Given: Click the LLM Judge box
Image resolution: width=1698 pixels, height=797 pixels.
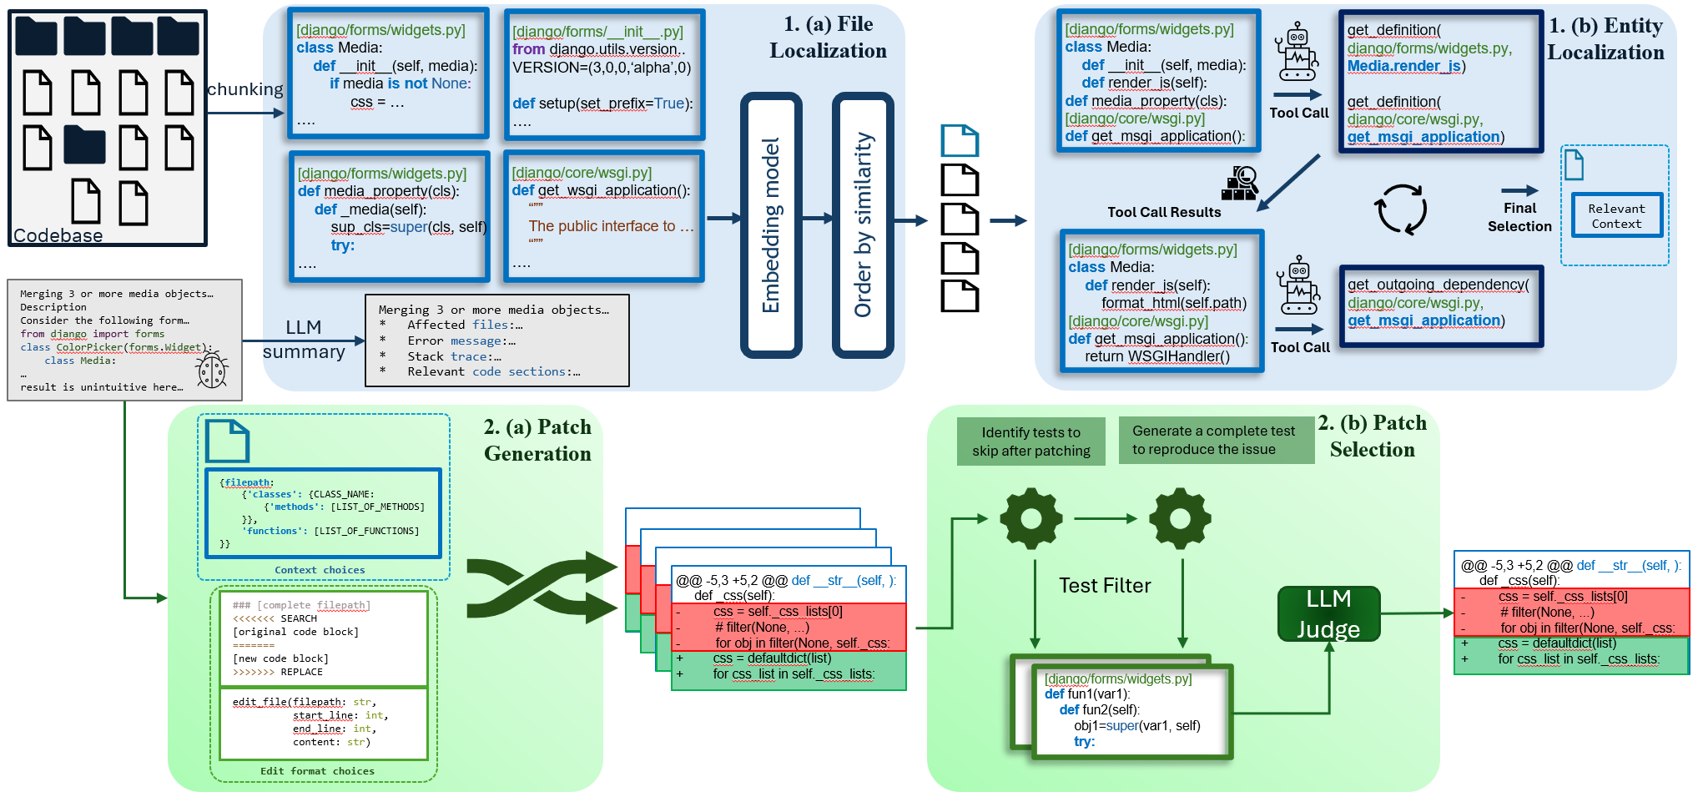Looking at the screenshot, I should click(x=1328, y=613).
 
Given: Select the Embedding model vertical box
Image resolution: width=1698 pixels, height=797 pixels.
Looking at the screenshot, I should click(x=771, y=224).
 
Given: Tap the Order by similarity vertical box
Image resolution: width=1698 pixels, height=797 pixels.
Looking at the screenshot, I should click(x=863, y=224).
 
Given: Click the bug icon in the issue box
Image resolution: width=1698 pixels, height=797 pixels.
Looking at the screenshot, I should click(x=212, y=370).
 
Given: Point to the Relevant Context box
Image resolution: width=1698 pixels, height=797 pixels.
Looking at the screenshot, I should click(x=1616, y=216).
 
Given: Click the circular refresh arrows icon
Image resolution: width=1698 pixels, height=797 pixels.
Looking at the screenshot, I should click(x=1402, y=209).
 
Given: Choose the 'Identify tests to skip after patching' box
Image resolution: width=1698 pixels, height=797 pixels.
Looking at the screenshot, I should click(x=1030, y=441).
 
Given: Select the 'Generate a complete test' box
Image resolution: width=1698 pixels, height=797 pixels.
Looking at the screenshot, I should click(x=1214, y=440).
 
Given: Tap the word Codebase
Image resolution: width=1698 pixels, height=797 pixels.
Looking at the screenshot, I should click(x=58, y=235).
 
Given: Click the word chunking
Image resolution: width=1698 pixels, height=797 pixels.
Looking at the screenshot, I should click(x=244, y=89).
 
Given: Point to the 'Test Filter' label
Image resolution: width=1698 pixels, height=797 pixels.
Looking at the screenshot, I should click(x=1105, y=586).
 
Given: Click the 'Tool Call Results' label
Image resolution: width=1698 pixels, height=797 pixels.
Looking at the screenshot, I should click(x=1164, y=212).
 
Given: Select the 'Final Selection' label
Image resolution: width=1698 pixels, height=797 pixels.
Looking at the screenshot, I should click(x=1519, y=217).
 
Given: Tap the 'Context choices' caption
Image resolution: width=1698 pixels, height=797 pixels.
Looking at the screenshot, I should click(x=320, y=570).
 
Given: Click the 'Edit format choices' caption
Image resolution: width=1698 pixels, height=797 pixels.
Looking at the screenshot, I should click(x=317, y=771).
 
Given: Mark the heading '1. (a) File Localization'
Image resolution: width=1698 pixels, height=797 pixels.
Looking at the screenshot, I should click(x=828, y=38).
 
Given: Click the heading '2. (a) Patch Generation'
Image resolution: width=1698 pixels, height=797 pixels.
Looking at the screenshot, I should click(x=537, y=440).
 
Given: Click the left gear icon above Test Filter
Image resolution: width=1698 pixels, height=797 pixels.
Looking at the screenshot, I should click(x=1031, y=518).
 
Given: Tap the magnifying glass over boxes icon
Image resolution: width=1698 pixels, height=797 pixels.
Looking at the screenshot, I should click(x=1240, y=184).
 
